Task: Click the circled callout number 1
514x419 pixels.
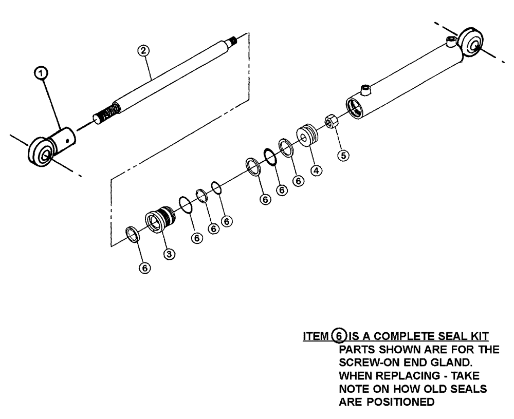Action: click(44, 75)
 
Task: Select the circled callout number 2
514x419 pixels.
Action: click(143, 50)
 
